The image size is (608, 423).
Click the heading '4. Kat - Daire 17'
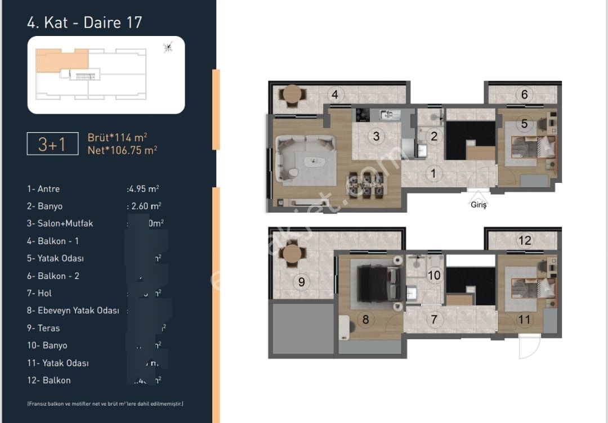(84, 22)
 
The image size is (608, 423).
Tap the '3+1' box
(52, 145)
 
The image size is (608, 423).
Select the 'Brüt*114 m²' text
(118, 137)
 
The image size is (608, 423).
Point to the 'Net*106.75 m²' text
(122, 150)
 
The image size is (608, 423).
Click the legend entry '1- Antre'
(43, 189)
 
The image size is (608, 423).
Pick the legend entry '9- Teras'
(43, 328)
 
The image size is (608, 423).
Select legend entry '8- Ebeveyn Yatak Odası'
(73, 310)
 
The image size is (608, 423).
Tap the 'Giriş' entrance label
(479, 205)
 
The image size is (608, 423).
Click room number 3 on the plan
(377, 136)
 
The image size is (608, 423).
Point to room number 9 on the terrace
(301, 282)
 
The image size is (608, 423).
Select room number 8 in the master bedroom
(365, 319)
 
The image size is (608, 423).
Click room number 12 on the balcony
(525, 241)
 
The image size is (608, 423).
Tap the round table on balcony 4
(292, 94)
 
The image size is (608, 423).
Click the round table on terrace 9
(292, 254)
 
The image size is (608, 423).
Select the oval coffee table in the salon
(314, 162)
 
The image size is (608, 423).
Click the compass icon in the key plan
(167, 48)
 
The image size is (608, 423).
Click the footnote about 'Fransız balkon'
(105, 404)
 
